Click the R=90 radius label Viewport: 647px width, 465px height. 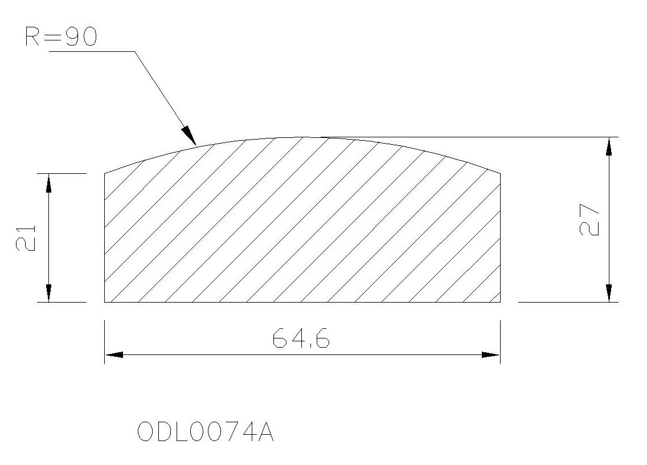(x=61, y=36)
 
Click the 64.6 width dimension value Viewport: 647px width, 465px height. (x=301, y=338)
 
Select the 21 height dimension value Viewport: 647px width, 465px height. (x=26, y=238)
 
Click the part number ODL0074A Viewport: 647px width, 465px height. (x=205, y=431)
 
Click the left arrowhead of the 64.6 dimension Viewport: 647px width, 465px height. (x=114, y=354)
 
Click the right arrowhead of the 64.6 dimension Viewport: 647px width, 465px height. (x=491, y=354)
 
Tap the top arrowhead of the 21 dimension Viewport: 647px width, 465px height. (x=48, y=183)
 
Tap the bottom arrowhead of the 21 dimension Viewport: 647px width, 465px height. (x=48, y=293)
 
